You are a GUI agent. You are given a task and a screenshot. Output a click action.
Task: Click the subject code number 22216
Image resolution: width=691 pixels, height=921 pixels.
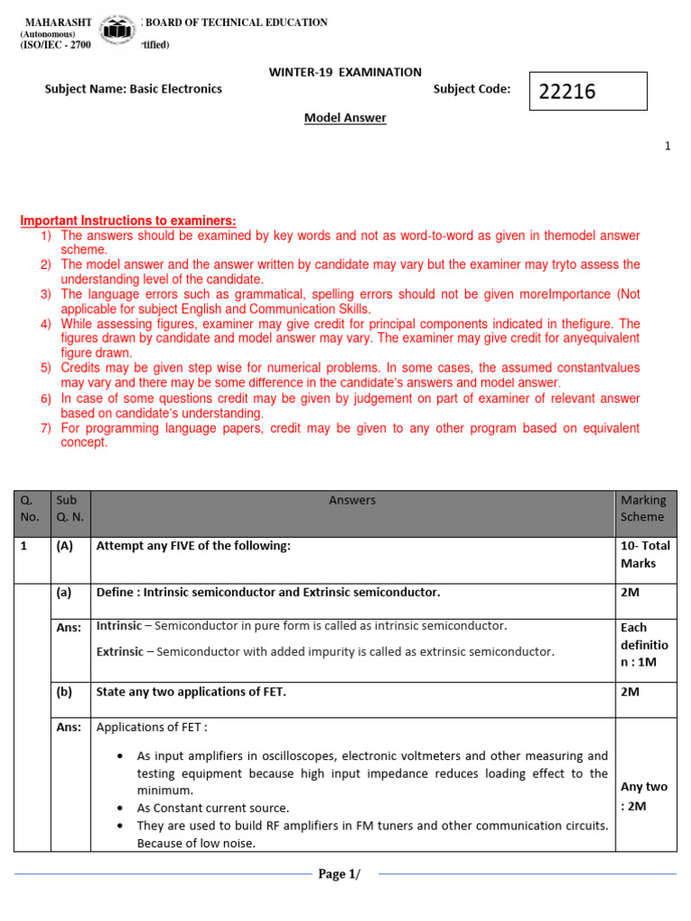[568, 92]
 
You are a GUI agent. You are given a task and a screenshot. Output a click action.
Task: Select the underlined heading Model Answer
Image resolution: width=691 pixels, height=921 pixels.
[345, 118]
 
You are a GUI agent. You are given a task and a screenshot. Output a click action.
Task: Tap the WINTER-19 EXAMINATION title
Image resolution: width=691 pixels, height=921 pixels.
[345, 72]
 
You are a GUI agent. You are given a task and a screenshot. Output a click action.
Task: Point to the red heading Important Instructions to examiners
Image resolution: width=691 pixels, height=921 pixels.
[129, 220]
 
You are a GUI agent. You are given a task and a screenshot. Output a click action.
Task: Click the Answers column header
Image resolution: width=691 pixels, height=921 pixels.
[352, 500]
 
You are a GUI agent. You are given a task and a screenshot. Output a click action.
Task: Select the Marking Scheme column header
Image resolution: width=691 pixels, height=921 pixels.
[643, 508]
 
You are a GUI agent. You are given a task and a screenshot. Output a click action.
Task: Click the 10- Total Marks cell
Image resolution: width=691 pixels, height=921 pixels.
[645, 554]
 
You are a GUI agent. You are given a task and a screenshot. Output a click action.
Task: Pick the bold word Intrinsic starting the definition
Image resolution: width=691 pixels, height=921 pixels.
[118, 625]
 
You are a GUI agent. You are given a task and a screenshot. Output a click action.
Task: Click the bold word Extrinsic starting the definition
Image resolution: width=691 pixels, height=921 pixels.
[119, 650]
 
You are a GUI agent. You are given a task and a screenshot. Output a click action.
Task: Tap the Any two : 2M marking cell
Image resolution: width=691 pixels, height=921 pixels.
[644, 796]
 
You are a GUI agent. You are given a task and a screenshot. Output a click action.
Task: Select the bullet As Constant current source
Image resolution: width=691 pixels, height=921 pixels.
[212, 808]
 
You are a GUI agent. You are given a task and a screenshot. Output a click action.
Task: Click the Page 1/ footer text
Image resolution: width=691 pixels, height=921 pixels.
[345, 874]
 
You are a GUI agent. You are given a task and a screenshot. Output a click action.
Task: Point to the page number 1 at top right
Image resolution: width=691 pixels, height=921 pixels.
[668, 147]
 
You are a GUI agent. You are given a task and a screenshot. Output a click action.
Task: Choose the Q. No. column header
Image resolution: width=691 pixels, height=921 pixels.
[31, 508]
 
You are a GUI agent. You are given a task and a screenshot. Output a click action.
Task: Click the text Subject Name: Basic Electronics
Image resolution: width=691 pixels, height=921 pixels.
[133, 89]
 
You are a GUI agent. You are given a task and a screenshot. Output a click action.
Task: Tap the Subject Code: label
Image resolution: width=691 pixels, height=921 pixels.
[471, 89]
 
